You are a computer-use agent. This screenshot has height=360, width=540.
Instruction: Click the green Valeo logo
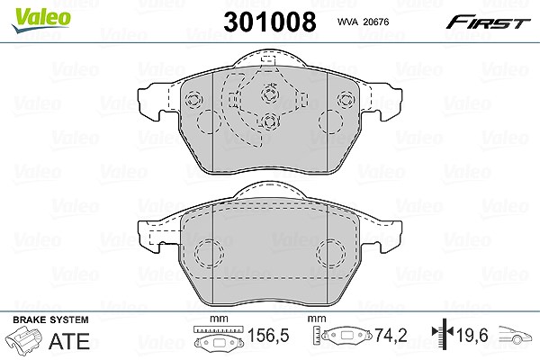[x=40, y=20]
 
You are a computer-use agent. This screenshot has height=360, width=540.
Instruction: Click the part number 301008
[x=270, y=22]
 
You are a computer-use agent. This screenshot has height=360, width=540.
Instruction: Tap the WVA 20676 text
[x=363, y=22]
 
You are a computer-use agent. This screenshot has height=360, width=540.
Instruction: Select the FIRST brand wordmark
[x=488, y=22]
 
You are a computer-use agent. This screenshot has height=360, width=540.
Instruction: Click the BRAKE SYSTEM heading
[x=50, y=319]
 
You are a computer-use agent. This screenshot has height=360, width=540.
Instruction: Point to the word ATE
[x=69, y=341]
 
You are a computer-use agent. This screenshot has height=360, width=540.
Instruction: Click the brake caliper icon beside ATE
[x=24, y=340]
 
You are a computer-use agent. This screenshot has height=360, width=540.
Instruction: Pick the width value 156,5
[x=268, y=335]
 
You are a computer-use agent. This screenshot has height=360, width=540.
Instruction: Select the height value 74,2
[x=391, y=335]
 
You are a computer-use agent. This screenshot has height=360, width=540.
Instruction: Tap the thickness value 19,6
[x=472, y=335]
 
